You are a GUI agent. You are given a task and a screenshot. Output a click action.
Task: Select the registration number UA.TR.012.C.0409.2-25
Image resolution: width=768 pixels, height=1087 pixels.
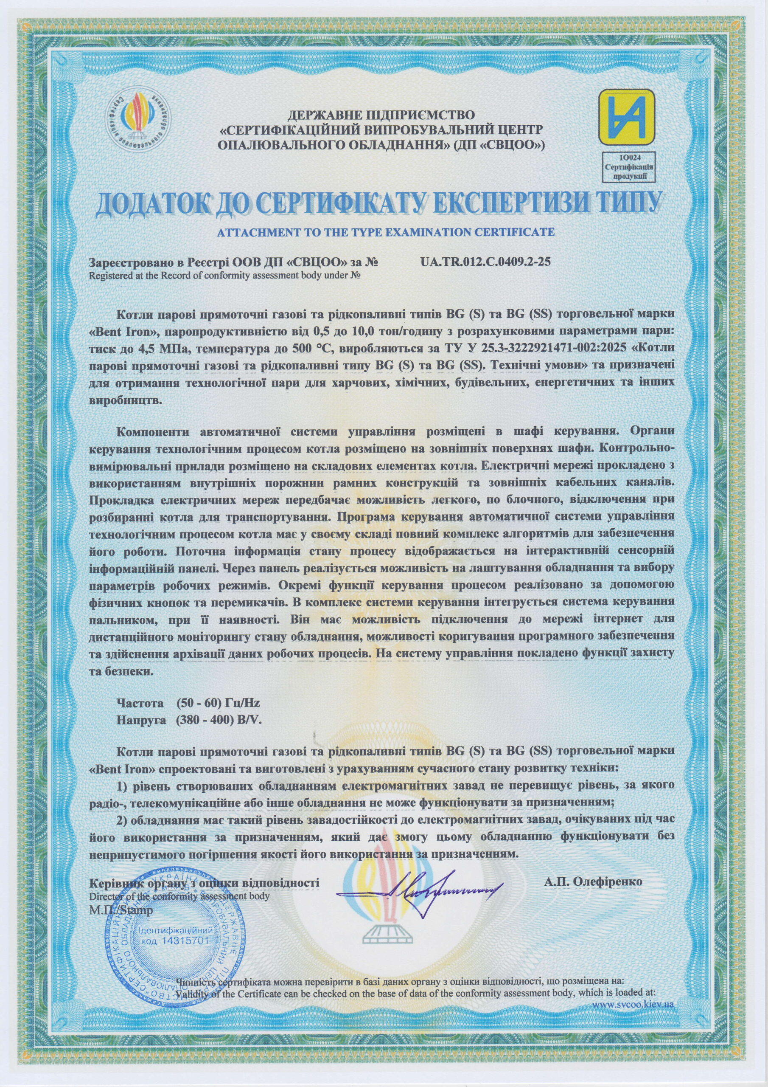pyautogui.click(x=485, y=262)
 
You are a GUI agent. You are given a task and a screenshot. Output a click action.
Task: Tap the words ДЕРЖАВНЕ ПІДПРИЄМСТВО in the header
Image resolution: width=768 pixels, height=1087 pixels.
pyautogui.click(x=381, y=115)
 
